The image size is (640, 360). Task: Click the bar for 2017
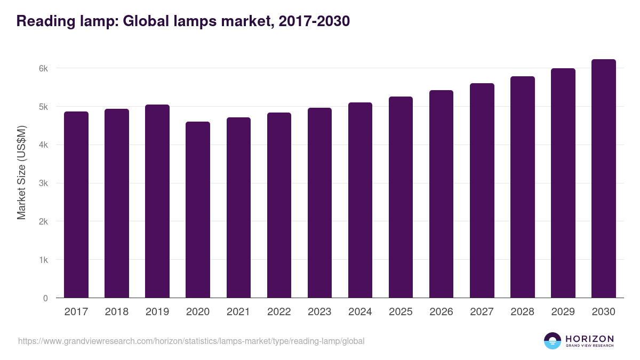(76, 205)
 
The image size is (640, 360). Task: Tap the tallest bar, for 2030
(603, 179)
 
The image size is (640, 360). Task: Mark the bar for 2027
(482, 190)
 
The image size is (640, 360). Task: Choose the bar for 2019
(157, 201)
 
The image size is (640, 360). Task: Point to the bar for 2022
(279, 205)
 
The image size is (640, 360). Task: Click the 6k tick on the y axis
(43, 68)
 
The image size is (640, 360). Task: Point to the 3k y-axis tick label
(43, 183)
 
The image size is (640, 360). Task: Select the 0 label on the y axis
(45, 298)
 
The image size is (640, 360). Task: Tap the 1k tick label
(43, 260)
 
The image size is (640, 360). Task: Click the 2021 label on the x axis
(238, 312)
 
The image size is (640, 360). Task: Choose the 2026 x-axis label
(441, 312)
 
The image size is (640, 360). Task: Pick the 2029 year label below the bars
(563, 312)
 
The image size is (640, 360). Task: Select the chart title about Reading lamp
(183, 21)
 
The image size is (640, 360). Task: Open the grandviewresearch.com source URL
(191, 341)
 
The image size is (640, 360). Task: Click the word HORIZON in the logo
(589, 339)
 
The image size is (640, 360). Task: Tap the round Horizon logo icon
(553, 341)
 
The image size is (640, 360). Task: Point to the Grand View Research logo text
(589, 346)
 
